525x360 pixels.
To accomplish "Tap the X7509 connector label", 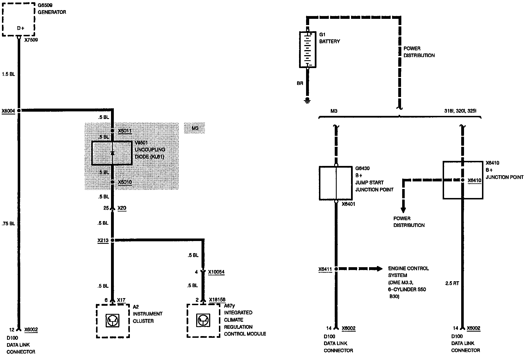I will tap(31, 40).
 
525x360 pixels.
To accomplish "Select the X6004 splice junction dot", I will tap(19, 111).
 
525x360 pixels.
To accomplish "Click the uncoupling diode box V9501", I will tap(112, 153).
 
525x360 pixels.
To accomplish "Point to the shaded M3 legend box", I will tap(194, 128).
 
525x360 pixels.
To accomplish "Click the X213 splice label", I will tap(103, 240).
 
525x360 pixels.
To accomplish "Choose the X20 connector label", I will tap(122, 208).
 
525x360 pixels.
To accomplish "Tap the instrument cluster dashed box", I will tap(113, 321).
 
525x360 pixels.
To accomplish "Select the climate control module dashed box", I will tap(203, 320).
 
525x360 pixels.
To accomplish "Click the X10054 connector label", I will tap(216, 272).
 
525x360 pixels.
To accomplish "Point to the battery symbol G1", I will tap(307, 49).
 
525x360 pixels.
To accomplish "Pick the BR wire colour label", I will tap(300, 83).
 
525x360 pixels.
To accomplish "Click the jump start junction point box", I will tap(336, 183).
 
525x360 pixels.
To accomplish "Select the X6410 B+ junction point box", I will tap(463, 180).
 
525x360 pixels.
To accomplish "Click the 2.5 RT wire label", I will tap(452, 283).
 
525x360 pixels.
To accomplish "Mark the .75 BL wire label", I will tap(8, 224).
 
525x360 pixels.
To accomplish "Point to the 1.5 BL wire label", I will tap(8, 74).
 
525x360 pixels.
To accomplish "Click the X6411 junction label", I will tap(325, 269).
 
